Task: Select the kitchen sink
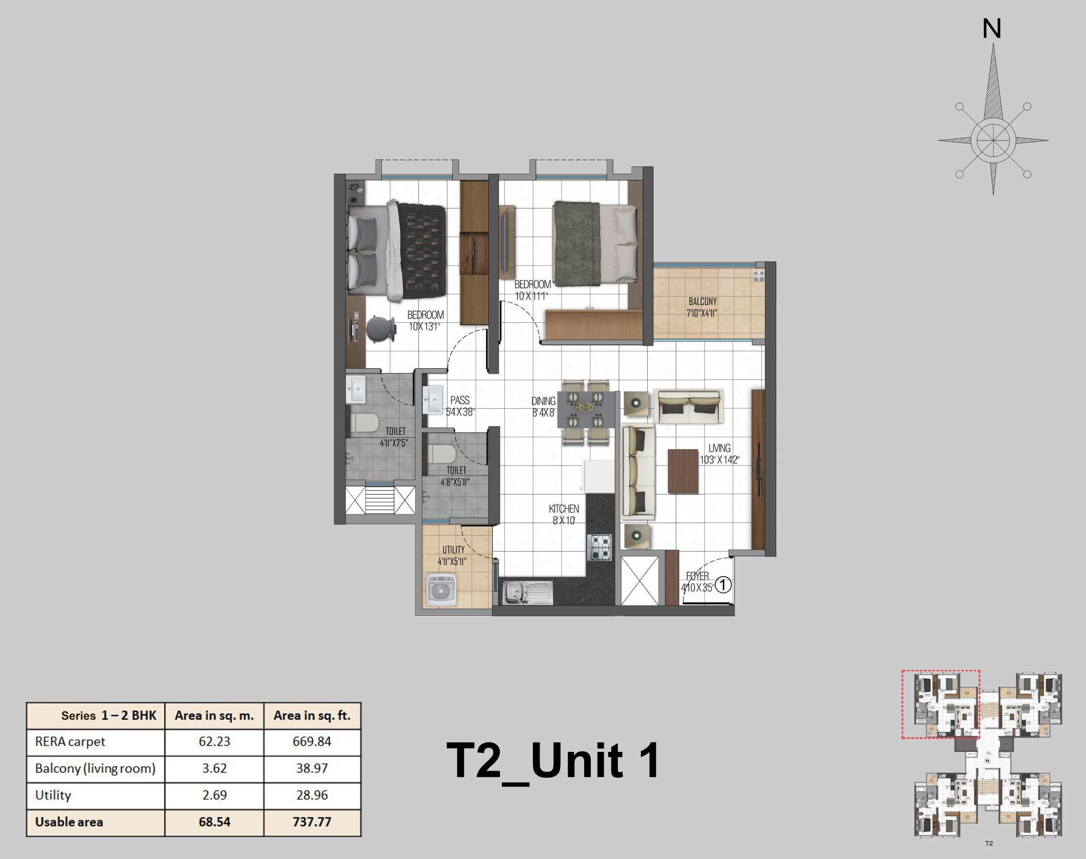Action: (527, 593)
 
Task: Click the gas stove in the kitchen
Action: (599, 548)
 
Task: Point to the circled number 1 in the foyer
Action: (723, 585)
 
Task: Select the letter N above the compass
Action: (991, 28)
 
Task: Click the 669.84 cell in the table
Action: (312, 741)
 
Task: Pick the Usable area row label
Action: (69, 822)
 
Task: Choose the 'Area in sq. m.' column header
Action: (214, 715)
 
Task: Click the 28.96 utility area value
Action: (312, 795)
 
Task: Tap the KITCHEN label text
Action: (563, 509)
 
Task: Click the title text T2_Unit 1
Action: (553, 761)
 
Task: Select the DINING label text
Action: (543, 402)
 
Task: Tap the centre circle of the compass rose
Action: (993, 140)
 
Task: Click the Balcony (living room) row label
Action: (95, 768)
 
